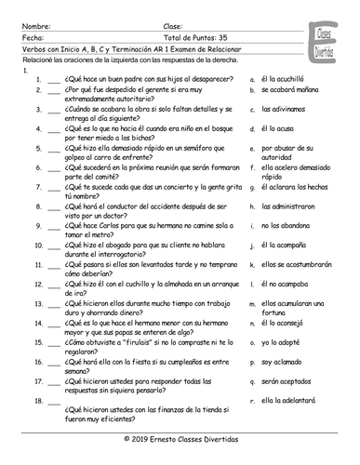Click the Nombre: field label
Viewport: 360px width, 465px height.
click(x=34, y=28)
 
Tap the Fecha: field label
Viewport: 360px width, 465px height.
click(x=32, y=38)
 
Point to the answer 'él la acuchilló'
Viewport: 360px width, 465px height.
click(x=285, y=80)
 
